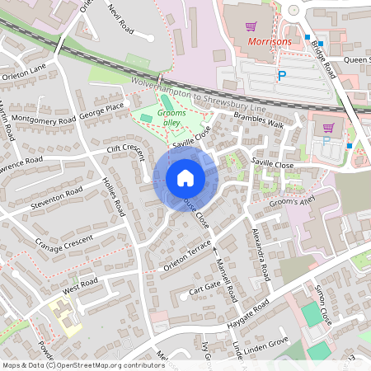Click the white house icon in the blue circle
[185, 177]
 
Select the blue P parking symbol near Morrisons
[281, 76]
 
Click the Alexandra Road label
[260, 252]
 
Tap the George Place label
[101, 107]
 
